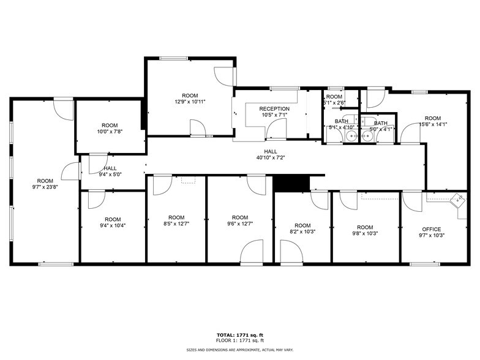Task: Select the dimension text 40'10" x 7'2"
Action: point(271,158)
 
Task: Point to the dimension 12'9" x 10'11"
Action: point(190,102)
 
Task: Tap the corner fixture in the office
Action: point(457,200)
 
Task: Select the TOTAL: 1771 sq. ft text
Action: point(239,336)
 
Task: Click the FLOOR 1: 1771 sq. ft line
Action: point(239,340)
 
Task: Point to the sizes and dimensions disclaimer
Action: point(239,348)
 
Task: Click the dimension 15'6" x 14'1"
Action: point(432,125)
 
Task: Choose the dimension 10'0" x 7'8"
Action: point(109,132)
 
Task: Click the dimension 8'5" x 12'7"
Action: point(176,224)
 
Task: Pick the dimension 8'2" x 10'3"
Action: point(302,232)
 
